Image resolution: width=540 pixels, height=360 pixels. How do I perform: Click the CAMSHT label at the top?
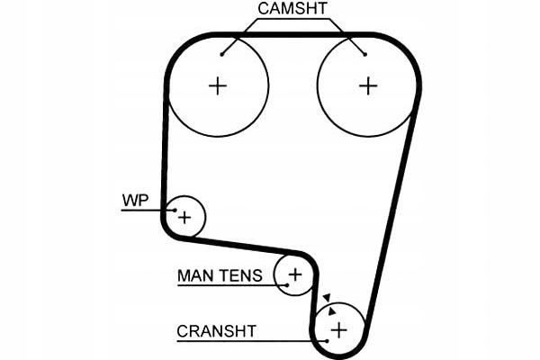point(292,10)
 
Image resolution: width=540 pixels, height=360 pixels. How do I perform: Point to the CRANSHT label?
point(216,331)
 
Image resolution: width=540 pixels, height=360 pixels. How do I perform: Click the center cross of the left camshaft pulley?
point(218,85)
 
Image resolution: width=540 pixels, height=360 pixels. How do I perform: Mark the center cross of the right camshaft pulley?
point(367,85)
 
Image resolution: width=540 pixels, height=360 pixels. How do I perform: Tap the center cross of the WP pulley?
point(184,217)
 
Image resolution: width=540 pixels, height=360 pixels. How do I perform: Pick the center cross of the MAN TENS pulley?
point(296,273)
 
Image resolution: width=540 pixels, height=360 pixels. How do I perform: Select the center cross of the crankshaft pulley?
point(338,330)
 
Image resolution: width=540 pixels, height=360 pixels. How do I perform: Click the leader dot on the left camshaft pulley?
point(221,54)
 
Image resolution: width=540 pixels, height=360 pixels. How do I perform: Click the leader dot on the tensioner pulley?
point(286,284)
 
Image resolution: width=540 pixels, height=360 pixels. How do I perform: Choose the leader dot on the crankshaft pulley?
point(326,340)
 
